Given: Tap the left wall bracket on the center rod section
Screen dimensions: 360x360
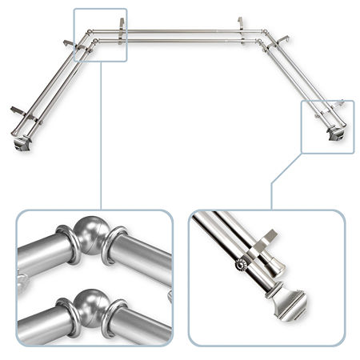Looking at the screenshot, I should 122,26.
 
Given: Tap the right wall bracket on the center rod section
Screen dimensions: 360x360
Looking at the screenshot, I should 238,26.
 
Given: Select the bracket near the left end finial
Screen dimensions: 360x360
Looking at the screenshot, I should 20,110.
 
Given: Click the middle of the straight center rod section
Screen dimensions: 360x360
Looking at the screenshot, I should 180,33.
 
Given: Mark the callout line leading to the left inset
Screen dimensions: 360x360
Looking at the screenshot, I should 102,136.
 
